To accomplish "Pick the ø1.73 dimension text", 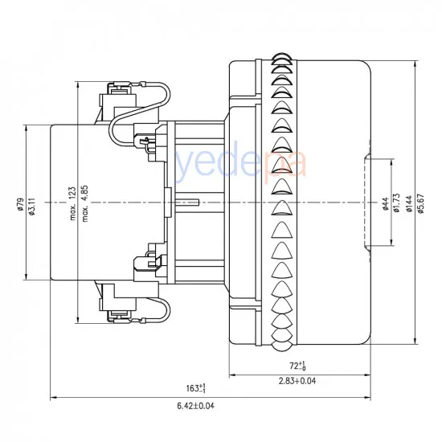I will click(x=398, y=205).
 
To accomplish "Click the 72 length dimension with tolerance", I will click(x=299, y=366).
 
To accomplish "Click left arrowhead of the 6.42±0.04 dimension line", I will click(x=54, y=397).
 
